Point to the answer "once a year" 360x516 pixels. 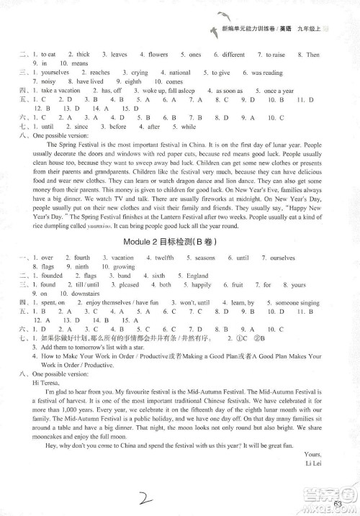coord(279,91)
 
